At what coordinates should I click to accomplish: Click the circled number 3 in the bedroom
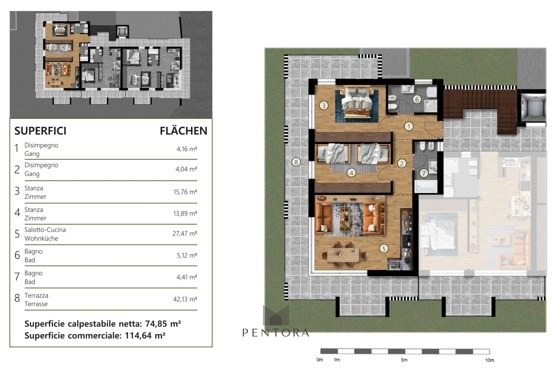[x=323, y=105]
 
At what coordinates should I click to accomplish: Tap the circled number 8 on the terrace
[x=296, y=162]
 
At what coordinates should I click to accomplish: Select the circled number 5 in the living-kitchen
[x=384, y=249]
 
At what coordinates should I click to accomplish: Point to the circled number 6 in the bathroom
[x=417, y=99]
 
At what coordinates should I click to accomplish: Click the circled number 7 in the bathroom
[x=424, y=173]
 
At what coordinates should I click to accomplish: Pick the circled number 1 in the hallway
[x=409, y=126]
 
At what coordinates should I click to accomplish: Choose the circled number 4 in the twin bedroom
[x=351, y=173]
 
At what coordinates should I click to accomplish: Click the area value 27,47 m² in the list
[x=185, y=234]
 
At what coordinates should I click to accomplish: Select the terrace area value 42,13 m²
[x=185, y=299]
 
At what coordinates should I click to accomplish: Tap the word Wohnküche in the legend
[x=41, y=238]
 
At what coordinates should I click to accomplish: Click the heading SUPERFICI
[x=40, y=131]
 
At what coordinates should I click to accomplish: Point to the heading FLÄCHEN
[x=184, y=131]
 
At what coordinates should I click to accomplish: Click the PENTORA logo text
[x=276, y=333]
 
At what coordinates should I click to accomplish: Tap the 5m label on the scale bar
[x=404, y=360]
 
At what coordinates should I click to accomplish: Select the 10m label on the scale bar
[x=490, y=360]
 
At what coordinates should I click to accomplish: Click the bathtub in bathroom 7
[x=426, y=186]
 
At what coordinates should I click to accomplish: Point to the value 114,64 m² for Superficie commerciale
[x=145, y=335]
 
